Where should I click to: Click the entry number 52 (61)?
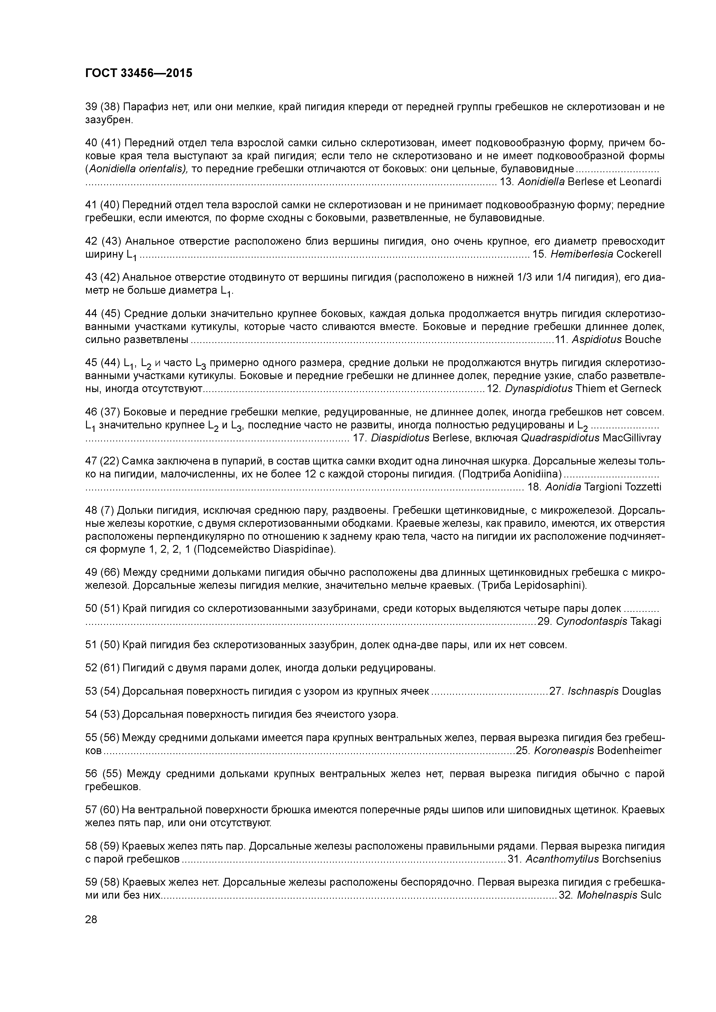pos(102,668)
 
